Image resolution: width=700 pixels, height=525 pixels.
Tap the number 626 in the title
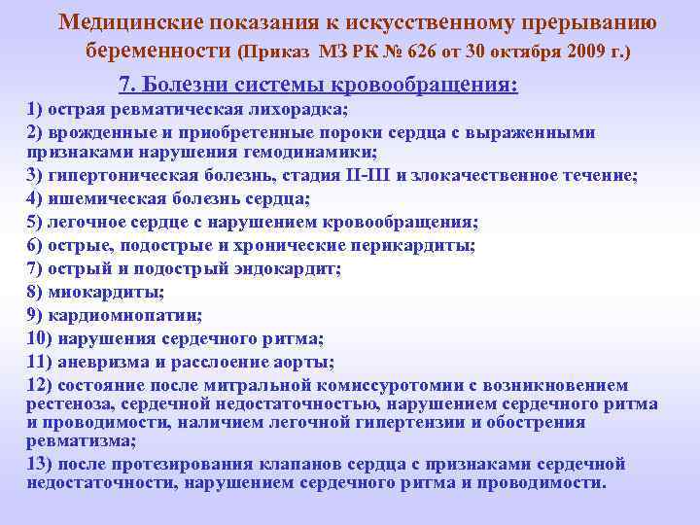coord(437,51)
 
